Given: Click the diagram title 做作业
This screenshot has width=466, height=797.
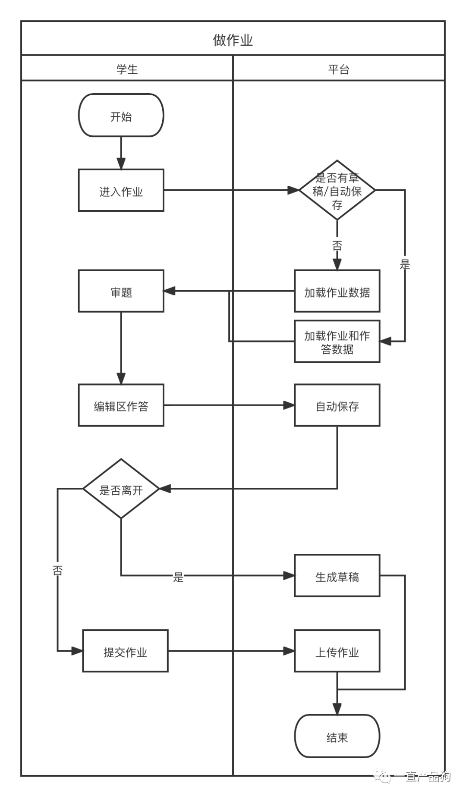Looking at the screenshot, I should pos(233,40).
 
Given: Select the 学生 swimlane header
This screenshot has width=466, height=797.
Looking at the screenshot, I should pos(127,69).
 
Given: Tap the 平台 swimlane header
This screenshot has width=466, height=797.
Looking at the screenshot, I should pos(339,69).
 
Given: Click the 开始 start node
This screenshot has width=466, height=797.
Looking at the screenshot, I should pos(121,116).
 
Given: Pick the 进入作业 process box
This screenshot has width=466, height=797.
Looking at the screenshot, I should pos(121,190).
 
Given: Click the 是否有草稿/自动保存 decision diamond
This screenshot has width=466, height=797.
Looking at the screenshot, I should pos(337,190).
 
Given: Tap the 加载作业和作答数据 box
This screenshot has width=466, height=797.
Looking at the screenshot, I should pos(337,342).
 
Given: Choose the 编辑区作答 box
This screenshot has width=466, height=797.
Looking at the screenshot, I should pos(121,405).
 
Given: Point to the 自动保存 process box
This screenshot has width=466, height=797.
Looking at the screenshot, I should pos(337,405).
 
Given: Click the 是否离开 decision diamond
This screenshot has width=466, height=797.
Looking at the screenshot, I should pos(121,489).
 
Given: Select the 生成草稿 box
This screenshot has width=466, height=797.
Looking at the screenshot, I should pos(337,576).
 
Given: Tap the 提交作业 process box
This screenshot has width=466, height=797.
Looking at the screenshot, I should pos(125,651).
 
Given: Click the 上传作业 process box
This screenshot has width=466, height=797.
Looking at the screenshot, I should pos(337,651).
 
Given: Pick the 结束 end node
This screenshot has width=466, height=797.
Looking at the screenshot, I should pos(337,736).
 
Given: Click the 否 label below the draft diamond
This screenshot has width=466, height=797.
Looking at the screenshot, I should pos(337,246).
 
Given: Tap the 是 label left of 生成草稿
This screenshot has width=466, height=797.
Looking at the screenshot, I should pos(178,577).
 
